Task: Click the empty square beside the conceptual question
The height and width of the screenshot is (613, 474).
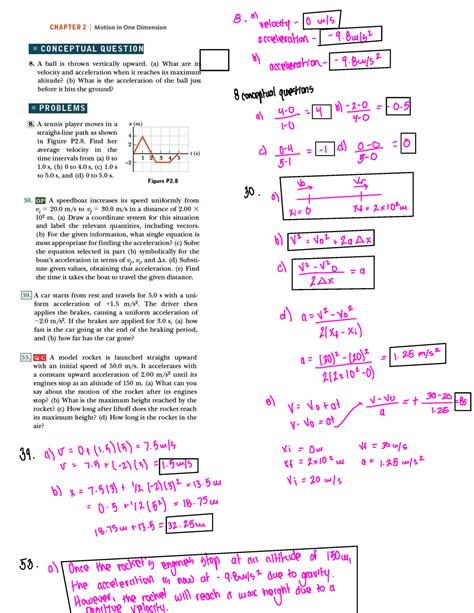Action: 210,62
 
